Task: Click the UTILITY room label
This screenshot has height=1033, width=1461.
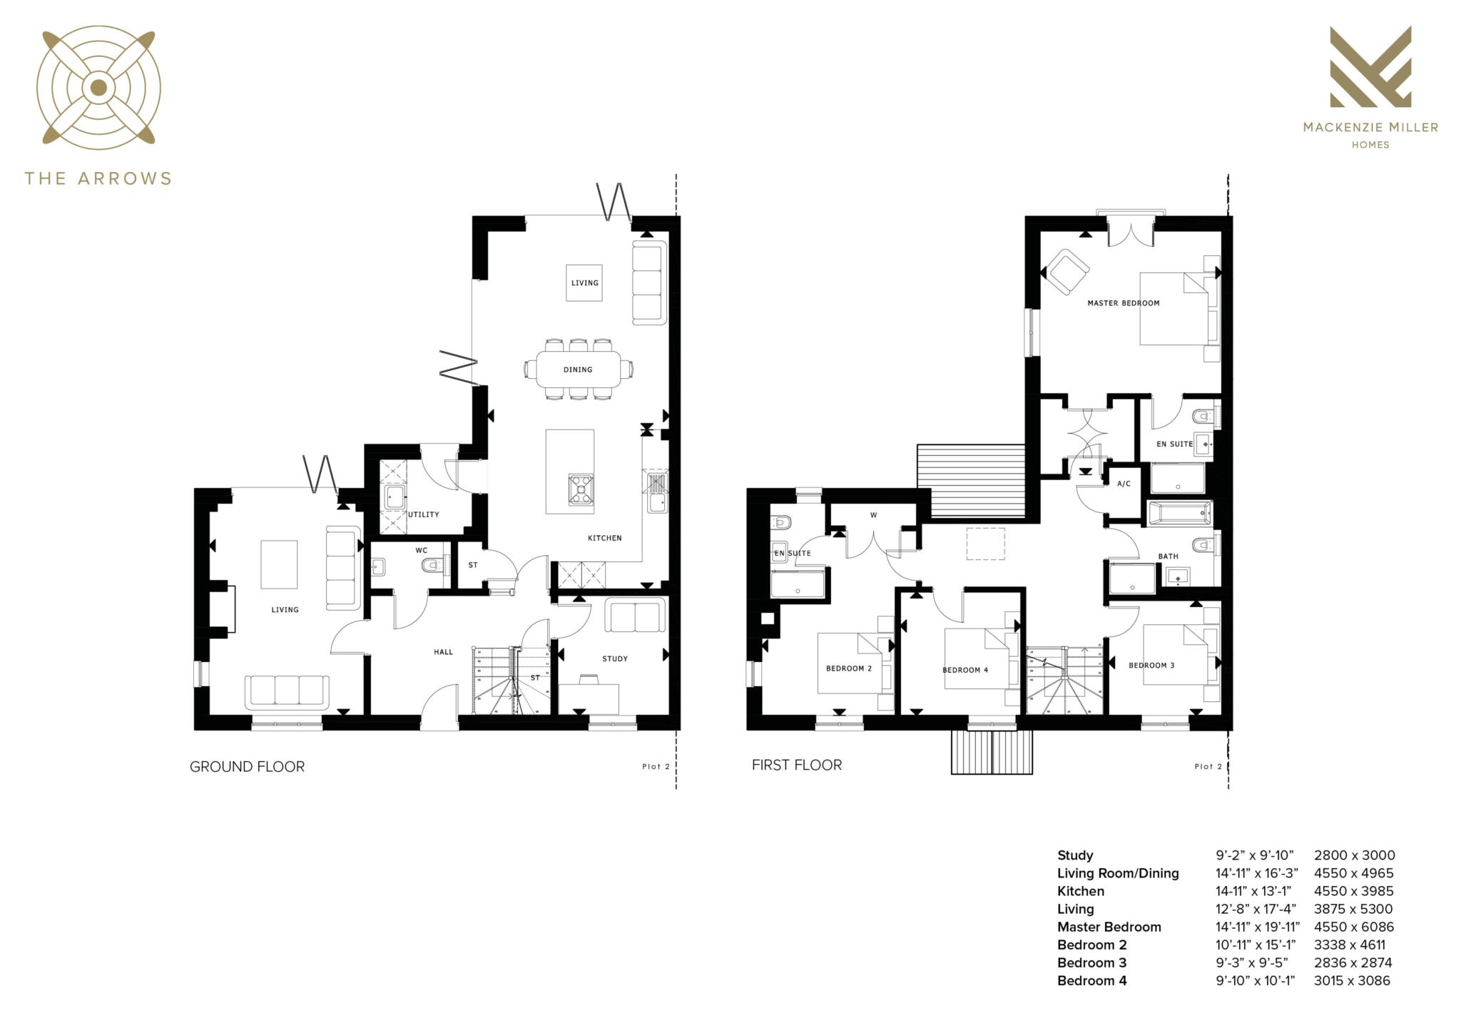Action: coord(423,514)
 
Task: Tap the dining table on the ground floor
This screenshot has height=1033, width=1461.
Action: coord(578,370)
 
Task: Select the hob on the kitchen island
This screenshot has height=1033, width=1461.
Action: coord(581,489)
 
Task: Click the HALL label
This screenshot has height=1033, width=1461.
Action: coord(443,651)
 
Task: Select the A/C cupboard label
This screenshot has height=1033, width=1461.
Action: coord(1124,484)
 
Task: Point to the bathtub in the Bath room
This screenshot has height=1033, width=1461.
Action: coord(1180,513)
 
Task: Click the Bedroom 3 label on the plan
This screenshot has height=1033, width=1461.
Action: coord(1151,665)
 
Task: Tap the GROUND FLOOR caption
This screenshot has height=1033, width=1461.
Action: coord(247,767)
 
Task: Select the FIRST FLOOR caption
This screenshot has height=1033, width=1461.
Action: coord(796,765)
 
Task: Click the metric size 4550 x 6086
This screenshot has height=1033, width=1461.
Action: coord(1353,927)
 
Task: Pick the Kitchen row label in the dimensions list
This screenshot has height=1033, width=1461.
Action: coord(1080,891)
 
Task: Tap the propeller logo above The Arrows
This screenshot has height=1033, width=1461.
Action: coord(98,88)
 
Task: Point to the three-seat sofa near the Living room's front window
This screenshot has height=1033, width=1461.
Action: coord(287,691)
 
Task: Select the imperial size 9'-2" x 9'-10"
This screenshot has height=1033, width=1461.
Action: coord(1254,855)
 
